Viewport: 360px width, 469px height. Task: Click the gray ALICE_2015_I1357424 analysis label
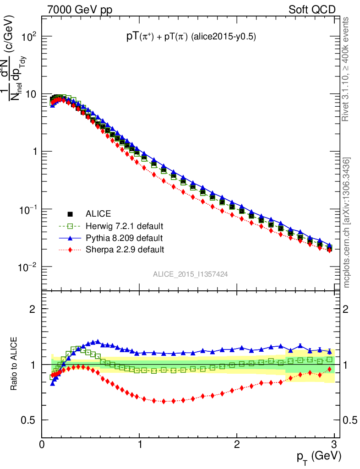pos(191,274)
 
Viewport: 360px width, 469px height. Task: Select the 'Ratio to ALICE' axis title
pos(14,364)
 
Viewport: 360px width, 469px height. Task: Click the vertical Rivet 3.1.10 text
pos(347,69)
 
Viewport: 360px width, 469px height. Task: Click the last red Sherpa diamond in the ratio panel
pos(329,369)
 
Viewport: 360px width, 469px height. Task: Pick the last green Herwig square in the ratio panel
pos(329,360)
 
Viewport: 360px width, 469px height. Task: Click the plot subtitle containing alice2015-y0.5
pos(191,38)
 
